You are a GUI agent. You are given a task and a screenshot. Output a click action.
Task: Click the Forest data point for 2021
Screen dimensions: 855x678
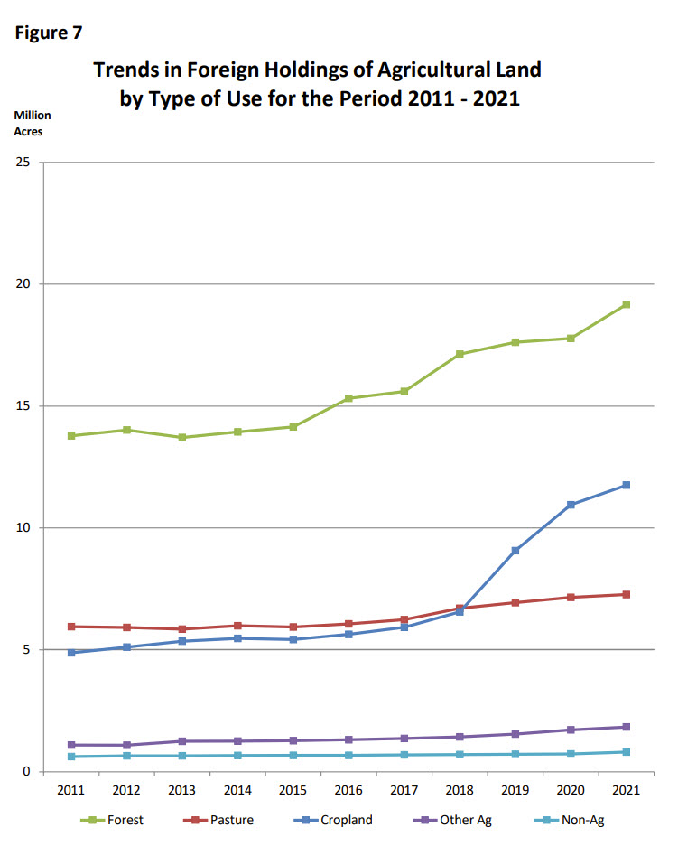point(625,304)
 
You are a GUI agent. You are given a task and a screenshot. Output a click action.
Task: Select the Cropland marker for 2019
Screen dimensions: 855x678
point(515,551)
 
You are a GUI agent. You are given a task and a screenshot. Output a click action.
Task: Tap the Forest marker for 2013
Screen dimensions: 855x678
point(182,438)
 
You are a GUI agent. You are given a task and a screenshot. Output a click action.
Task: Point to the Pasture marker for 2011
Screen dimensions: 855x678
point(71,627)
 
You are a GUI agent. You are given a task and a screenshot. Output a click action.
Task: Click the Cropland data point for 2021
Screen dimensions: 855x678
point(625,486)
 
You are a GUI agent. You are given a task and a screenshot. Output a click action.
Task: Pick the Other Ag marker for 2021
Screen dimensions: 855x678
point(625,727)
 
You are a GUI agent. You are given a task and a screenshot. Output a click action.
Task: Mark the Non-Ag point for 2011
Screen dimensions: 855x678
point(71,757)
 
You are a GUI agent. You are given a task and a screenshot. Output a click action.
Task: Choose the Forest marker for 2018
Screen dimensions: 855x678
point(460,354)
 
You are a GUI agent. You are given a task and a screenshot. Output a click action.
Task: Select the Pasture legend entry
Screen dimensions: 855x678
point(225,821)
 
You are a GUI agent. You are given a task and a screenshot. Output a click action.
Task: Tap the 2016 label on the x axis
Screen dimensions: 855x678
point(348,791)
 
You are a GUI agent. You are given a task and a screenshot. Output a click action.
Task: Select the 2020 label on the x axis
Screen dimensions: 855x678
point(570,791)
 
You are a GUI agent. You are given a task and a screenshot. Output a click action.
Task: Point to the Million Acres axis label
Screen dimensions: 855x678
point(32,124)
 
